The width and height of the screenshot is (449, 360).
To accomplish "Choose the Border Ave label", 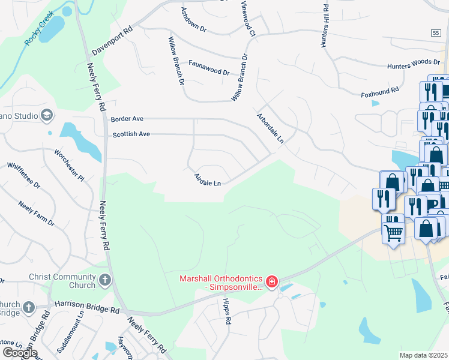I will [127, 119].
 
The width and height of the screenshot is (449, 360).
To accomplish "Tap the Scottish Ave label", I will [131, 134].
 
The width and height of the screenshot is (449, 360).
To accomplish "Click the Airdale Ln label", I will [208, 179].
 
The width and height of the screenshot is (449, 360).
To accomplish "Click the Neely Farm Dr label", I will [36, 214].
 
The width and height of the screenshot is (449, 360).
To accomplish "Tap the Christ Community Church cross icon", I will [105, 279].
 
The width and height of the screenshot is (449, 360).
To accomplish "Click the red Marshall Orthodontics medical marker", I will [271, 281].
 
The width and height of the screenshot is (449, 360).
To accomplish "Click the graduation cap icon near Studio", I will [47, 115].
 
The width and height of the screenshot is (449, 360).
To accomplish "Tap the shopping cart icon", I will [393, 232].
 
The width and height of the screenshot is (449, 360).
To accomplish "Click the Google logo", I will [19, 353].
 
